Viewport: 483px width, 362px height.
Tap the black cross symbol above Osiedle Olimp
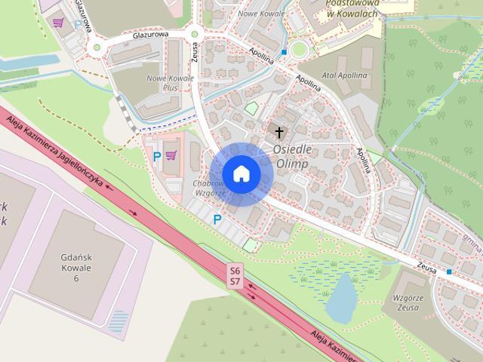279,133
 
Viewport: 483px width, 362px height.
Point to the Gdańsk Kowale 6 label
76,267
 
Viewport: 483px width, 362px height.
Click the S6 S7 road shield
235,275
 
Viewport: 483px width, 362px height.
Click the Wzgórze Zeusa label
411,302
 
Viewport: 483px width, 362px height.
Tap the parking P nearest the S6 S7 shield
217,219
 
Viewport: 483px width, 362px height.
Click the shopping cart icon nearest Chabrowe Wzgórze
171,155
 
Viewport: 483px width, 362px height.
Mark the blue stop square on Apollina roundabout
283,52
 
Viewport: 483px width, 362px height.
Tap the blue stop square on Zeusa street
449,271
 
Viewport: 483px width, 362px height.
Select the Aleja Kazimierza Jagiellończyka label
53,152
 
